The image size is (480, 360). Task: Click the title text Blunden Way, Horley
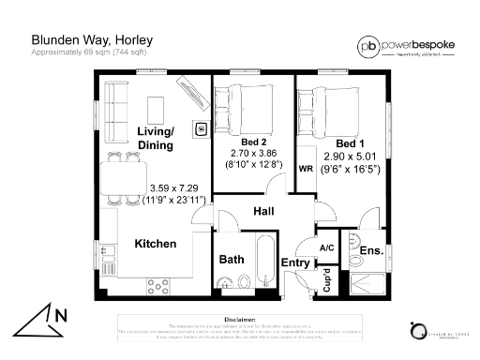(x=92, y=40)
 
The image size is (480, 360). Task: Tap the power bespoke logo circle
(x=368, y=46)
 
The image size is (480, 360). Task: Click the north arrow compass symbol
(x=42, y=320)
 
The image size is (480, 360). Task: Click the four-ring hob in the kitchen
(x=157, y=284)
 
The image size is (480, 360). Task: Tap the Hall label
(x=263, y=213)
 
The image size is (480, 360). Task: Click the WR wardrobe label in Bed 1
(x=305, y=169)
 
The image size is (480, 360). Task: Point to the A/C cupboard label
(x=327, y=247)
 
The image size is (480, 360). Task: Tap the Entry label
(x=295, y=263)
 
